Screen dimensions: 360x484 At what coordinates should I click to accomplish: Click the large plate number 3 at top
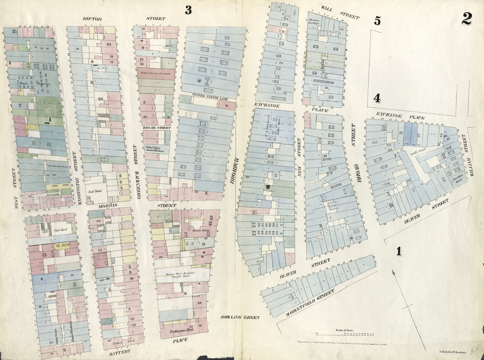(x=188, y=10)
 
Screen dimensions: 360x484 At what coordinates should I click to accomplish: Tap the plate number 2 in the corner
(x=467, y=18)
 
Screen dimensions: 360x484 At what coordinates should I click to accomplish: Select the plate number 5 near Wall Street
(x=377, y=20)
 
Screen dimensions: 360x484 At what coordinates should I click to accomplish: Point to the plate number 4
(x=377, y=98)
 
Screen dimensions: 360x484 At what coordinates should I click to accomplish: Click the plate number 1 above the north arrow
(x=399, y=252)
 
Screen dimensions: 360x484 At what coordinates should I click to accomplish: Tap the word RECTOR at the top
(x=92, y=19)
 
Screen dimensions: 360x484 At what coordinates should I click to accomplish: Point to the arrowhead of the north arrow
(x=393, y=272)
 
